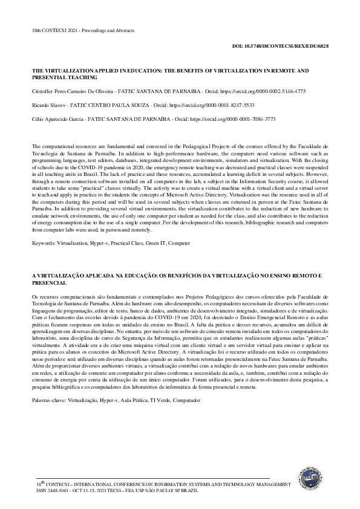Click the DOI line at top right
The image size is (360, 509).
click(x=280, y=46)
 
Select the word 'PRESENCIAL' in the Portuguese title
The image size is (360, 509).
click(x=49, y=282)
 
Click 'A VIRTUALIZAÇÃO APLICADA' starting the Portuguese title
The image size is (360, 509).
click(x=71, y=275)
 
